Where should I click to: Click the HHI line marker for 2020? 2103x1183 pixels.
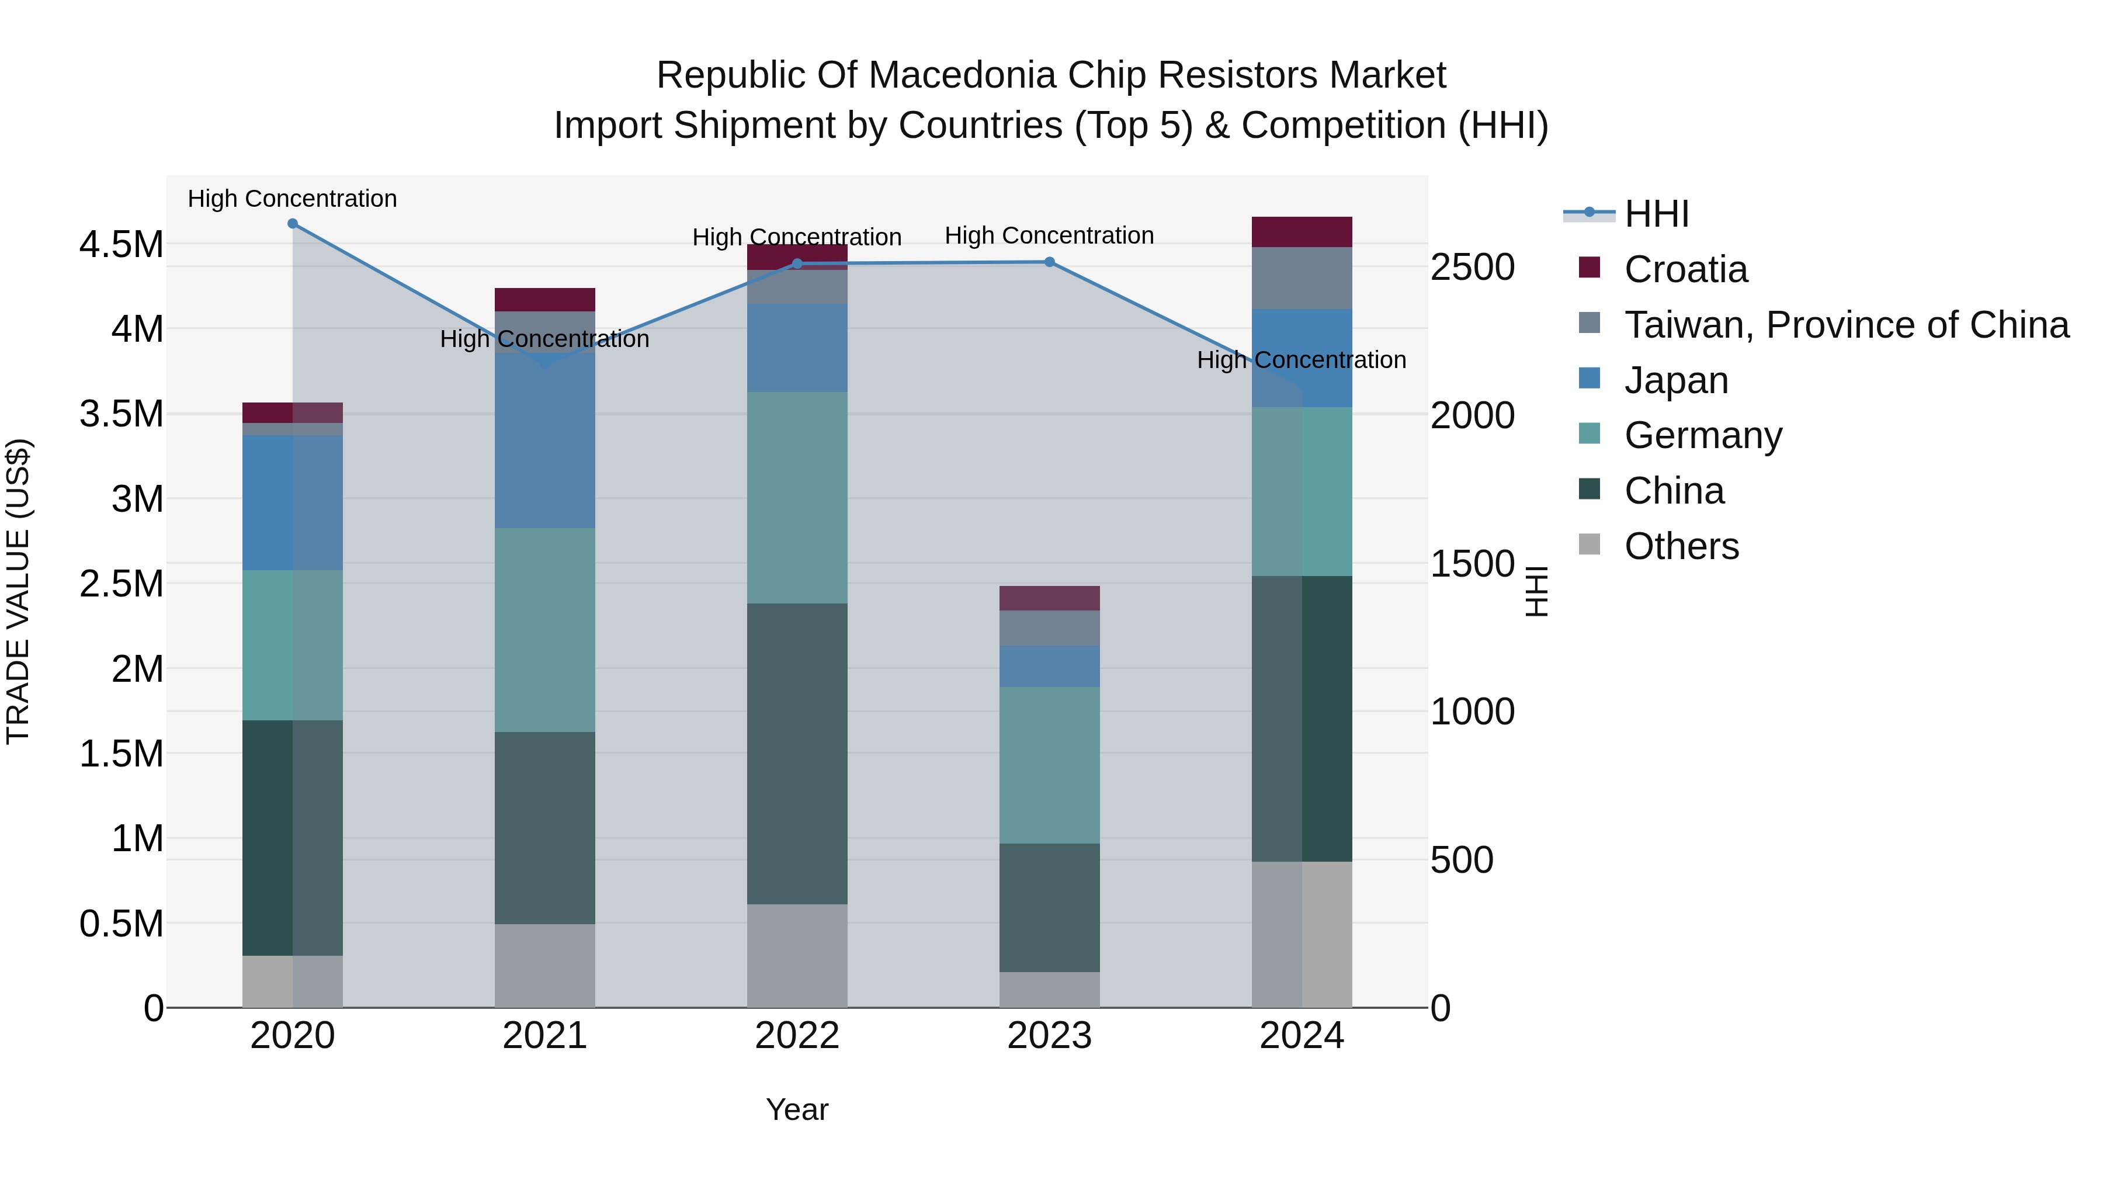pyautogui.click(x=292, y=224)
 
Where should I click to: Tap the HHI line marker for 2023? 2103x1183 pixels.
pyautogui.click(x=1049, y=262)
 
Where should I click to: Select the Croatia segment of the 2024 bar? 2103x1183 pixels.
pyautogui.click(x=1302, y=232)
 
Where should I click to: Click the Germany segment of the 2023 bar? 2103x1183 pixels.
pyautogui.click(x=1049, y=765)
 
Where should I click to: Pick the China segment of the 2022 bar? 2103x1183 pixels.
pyautogui.click(x=797, y=754)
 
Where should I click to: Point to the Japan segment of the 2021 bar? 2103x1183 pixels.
pyautogui.click(x=544, y=441)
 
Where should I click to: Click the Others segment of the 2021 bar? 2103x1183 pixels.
pyautogui.click(x=544, y=965)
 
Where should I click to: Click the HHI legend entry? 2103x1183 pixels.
pyautogui.click(x=1657, y=214)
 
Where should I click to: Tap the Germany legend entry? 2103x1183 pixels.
pyautogui.click(x=1702, y=435)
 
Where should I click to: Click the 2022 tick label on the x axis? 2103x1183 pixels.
pyautogui.click(x=797, y=1036)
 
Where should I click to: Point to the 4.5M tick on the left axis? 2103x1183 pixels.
pyautogui.click(x=121, y=244)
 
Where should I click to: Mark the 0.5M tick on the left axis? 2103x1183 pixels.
pyautogui.click(x=121, y=924)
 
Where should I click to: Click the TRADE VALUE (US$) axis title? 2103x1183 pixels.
pyautogui.click(x=18, y=591)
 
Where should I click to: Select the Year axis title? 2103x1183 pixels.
pyautogui.click(x=797, y=1109)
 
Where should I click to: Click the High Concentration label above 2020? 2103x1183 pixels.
pyautogui.click(x=292, y=199)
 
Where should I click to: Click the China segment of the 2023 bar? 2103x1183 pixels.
pyautogui.click(x=1049, y=907)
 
